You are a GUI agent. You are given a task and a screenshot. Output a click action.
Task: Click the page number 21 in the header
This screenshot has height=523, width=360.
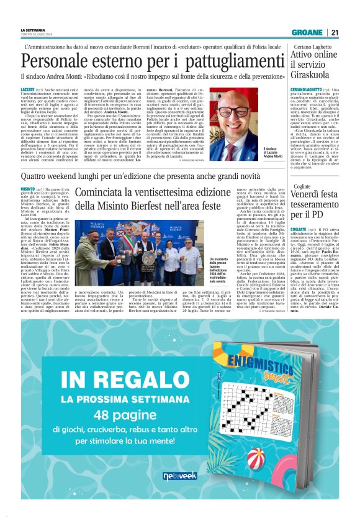pyautogui.click(x=335, y=33)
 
